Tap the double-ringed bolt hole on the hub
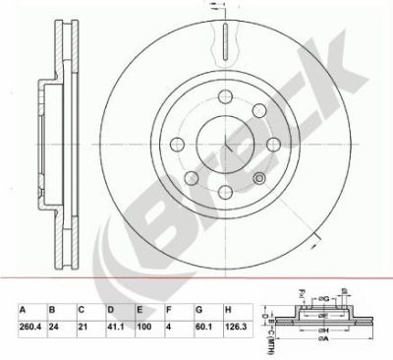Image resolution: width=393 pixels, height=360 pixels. [x=258, y=177]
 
